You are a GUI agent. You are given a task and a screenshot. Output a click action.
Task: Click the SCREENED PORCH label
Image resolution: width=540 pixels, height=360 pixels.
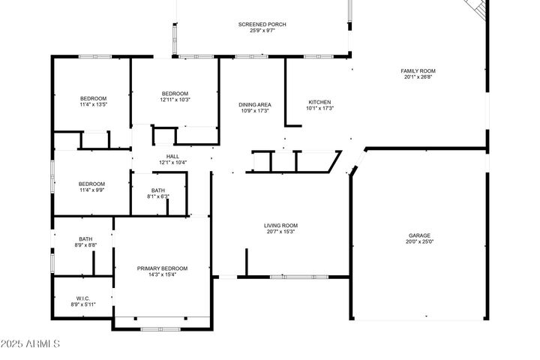pyautogui.click(x=262, y=25)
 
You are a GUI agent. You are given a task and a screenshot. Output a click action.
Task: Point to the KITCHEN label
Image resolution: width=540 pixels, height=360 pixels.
pyautogui.click(x=319, y=103)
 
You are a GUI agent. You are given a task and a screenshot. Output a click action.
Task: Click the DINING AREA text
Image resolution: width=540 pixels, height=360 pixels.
pyautogui.click(x=255, y=104)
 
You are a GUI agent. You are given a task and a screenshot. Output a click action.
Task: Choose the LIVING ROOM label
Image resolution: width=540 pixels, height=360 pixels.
pyautogui.click(x=280, y=225)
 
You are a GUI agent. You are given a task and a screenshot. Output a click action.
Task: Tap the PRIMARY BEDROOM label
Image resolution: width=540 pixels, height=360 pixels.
pyautogui.click(x=162, y=268)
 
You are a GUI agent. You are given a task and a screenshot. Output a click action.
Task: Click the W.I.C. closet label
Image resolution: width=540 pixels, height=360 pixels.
pyautogui.click(x=83, y=298)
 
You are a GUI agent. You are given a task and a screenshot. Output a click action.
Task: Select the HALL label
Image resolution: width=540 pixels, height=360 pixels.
pyautogui.click(x=172, y=156)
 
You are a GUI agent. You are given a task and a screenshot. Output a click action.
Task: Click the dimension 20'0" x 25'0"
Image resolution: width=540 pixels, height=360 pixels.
pyautogui.click(x=419, y=242)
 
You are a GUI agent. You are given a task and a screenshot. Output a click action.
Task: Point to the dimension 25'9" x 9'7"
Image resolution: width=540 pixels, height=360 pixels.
pyautogui.click(x=262, y=31)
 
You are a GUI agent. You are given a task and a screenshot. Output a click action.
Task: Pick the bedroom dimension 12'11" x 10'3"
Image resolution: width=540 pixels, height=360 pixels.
pyautogui.click(x=175, y=100)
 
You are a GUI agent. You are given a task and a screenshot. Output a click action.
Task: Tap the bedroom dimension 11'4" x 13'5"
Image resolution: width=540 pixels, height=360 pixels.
pyautogui.click(x=94, y=105)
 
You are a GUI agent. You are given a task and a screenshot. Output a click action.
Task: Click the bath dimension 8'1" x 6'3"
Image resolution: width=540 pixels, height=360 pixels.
pyautogui.click(x=157, y=196)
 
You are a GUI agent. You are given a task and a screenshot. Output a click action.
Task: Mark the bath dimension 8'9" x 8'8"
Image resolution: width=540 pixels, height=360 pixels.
pyautogui.click(x=85, y=245)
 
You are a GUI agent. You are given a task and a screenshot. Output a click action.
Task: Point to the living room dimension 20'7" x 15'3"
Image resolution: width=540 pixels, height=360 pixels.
pyautogui.click(x=280, y=231)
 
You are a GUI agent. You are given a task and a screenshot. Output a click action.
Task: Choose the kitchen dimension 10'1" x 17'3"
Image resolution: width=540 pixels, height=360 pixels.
pyautogui.click(x=319, y=109)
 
